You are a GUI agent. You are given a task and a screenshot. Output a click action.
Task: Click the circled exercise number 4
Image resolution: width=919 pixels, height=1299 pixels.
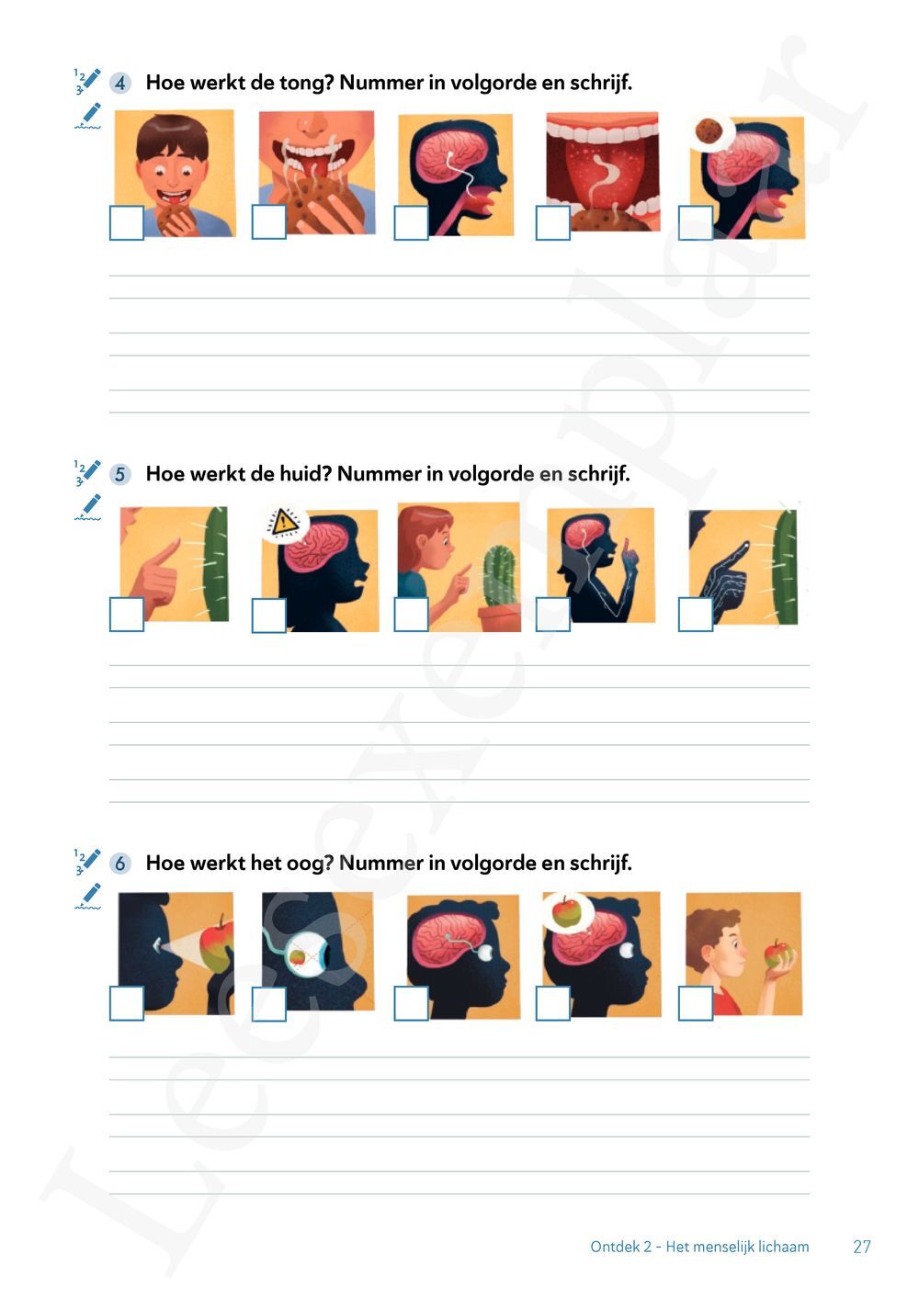120,83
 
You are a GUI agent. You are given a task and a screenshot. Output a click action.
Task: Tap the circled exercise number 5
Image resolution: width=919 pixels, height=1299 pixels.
120,474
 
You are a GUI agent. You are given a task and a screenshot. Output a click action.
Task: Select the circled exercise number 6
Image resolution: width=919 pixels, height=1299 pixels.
120,864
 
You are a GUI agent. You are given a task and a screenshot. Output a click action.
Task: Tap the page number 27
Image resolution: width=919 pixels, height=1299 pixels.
862,1247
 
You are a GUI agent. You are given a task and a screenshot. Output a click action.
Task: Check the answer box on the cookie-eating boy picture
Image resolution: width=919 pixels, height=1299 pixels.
127,222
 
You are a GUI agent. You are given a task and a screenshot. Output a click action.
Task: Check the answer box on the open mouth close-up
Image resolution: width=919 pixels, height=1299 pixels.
553,222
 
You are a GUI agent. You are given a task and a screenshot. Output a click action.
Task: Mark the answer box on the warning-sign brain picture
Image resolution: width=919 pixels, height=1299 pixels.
268,615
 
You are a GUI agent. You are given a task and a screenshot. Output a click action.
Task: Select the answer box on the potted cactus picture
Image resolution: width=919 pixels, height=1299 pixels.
411,614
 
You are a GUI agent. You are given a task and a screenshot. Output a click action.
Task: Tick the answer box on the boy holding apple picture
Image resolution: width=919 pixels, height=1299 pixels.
696,1004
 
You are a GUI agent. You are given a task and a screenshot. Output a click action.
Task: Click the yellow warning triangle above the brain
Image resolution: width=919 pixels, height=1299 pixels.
284,521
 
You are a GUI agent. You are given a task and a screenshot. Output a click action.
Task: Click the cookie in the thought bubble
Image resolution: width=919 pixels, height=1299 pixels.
707,130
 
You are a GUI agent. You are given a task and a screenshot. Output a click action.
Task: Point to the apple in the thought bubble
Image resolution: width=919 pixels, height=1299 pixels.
564,912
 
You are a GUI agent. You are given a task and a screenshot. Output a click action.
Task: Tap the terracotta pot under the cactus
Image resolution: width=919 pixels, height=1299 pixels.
499,617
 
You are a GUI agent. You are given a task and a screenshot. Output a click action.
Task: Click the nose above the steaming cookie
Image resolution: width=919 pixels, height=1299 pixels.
312,125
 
